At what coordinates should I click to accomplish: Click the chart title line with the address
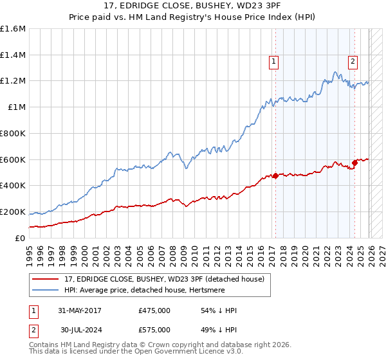pos(193,6)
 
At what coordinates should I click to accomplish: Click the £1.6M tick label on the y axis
pos(13,28)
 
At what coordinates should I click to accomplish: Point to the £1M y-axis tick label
pos(16,107)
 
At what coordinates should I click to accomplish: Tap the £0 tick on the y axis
pos(21,238)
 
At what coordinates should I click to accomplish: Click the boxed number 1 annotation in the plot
pos(274,62)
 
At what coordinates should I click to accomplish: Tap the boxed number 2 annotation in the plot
pos(353,62)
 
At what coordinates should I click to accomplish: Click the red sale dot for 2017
pos(275,175)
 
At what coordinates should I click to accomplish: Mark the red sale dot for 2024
pos(354,163)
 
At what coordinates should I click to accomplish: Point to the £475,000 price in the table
pos(154,310)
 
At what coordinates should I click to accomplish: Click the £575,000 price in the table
pos(154,330)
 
